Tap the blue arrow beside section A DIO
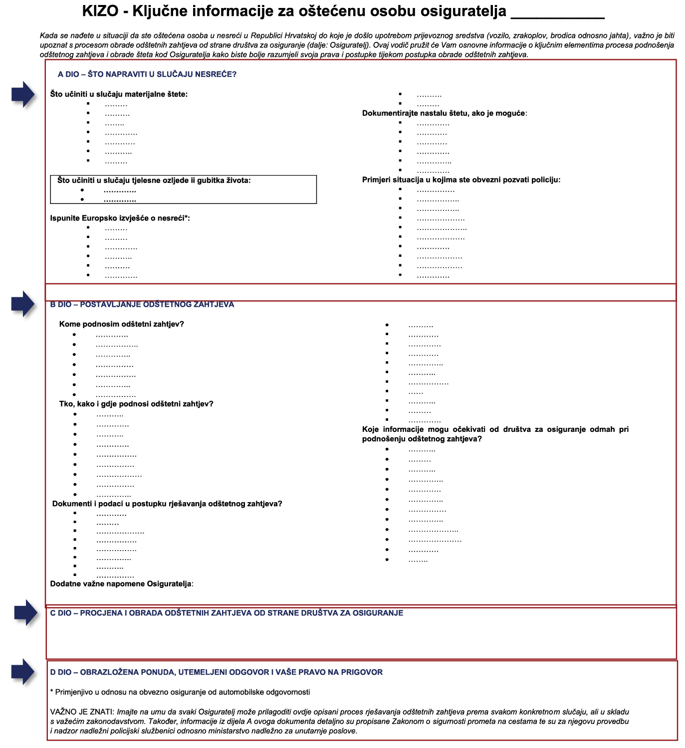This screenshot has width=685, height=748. tap(23, 94)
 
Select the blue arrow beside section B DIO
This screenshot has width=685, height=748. tap(23, 304)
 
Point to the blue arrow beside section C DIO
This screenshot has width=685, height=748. tap(26, 612)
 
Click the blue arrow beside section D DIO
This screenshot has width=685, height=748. tap(23, 672)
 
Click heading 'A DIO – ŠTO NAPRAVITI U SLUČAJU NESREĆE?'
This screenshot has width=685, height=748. tap(147, 74)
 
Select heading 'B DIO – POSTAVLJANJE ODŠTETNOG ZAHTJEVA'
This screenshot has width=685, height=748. tap(142, 304)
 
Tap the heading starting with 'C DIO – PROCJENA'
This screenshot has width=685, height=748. tap(227, 613)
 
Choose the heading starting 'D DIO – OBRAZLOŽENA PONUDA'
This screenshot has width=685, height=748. tap(217, 672)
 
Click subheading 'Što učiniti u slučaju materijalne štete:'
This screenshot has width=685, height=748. tap(119, 94)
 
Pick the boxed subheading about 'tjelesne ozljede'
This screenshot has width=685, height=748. tap(154, 181)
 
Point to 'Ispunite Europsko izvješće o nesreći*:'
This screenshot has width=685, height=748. tap(120, 218)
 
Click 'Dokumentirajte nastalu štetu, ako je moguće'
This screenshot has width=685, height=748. tap(444, 113)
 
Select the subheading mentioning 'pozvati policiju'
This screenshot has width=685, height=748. tap(461, 180)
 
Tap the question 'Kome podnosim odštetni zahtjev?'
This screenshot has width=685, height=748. tap(121, 324)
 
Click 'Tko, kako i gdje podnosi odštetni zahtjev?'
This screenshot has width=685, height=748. tap(136, 404)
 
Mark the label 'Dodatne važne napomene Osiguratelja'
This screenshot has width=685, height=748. tap(121, 583)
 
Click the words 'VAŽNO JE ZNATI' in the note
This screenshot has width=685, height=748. tap(82, 712)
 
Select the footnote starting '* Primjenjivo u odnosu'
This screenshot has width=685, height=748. tap(180, 692)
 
